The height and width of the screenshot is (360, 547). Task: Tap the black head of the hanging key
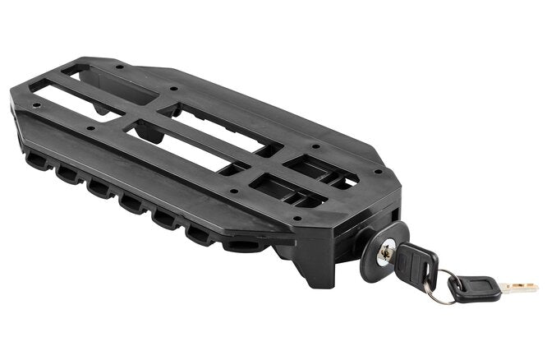tap(476, 288)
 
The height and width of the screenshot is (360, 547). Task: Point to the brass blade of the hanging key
tap(517, 288)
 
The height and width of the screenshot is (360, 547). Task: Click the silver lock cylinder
tap(384, 256)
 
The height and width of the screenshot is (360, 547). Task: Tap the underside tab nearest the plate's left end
tap(36, 160)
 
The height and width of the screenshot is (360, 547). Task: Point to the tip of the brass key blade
tap(535, 287)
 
